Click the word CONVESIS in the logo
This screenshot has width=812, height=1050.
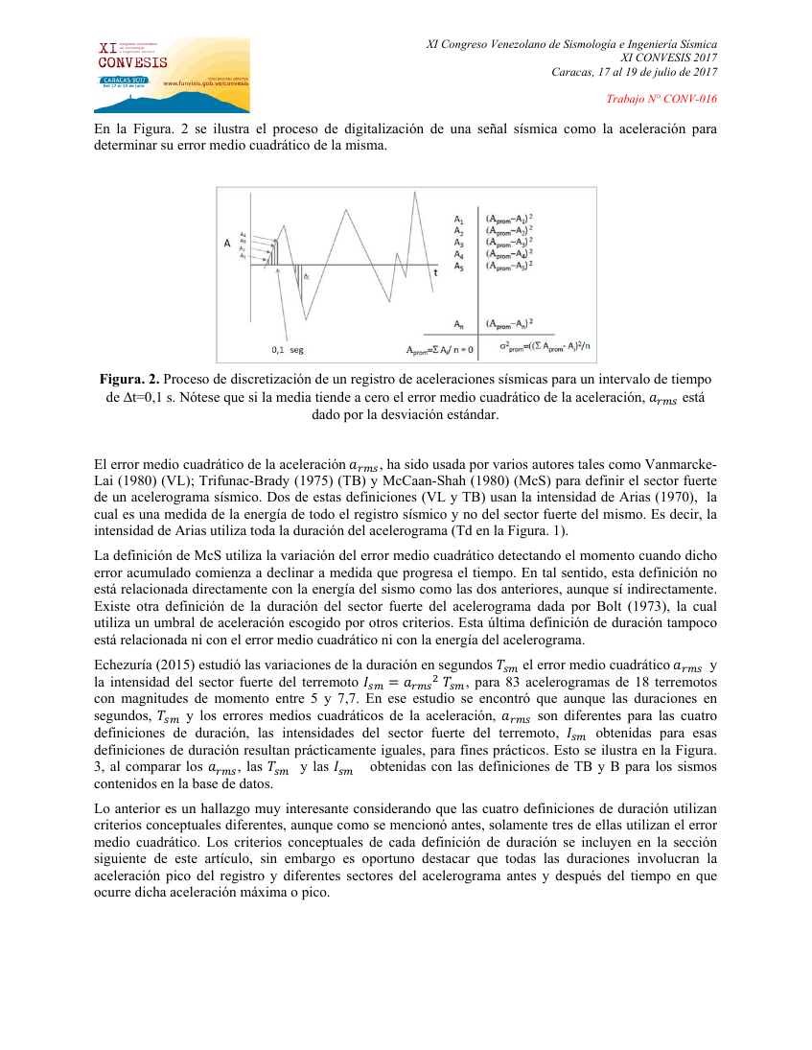coord(133,62)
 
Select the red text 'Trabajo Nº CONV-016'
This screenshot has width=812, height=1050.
coord(662,100)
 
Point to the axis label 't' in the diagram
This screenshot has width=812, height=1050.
coord(435,272)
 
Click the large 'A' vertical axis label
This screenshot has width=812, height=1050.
coord(227,244)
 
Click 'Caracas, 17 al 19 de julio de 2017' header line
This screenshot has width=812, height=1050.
coord(635,73)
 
